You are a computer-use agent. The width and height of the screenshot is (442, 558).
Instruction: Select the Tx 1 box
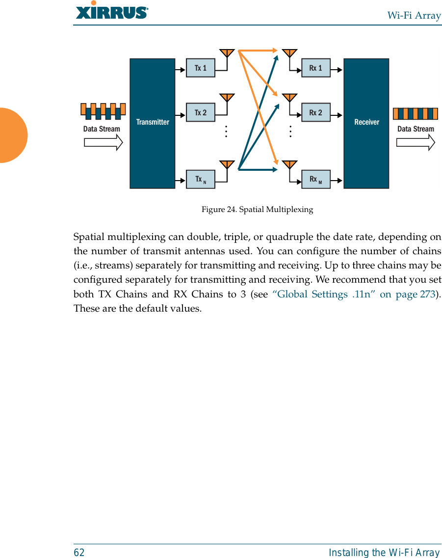[x=201, y=68]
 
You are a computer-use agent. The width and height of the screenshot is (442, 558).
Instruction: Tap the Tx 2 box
[x=201, y=112]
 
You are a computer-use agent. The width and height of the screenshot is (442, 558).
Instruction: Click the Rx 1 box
[x=315, y=68]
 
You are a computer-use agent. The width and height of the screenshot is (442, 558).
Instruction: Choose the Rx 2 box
[x=315, y=112]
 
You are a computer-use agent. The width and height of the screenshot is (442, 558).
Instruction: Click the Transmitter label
[x=153, y=122]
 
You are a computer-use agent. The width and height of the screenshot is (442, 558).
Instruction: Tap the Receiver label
[x=366, y=122]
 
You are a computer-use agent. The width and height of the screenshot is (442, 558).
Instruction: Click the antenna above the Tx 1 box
[x=226, y=53]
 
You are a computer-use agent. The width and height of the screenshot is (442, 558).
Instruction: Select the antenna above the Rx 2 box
[x=290, y=97]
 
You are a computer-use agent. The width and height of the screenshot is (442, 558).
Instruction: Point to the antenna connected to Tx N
[x=226, y=164]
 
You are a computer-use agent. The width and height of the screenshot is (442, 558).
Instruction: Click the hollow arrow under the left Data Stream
[x=103, y=142]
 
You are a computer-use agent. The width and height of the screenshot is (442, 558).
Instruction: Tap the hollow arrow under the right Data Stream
[x=416, y=142]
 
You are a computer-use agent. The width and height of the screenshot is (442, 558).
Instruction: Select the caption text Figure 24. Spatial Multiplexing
[x=257, y=210]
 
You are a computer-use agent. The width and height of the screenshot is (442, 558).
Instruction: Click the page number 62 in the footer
[x=79, y=553]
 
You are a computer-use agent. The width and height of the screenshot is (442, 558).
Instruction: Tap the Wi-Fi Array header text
[x=414, y=16]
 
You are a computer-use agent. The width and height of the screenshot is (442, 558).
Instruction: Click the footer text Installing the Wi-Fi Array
[x=385, y=553]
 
